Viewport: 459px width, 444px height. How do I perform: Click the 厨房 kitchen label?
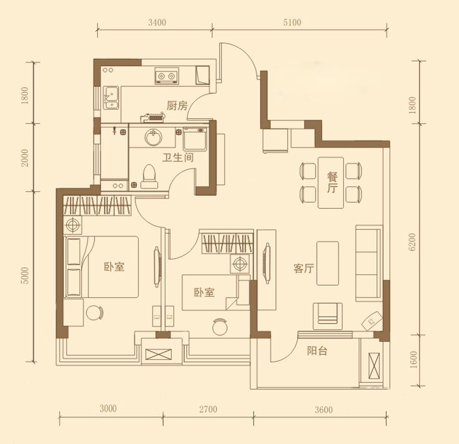point(177,106)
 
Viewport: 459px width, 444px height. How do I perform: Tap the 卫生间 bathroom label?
point(178,157)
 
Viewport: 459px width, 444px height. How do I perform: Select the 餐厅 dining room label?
point(332,182)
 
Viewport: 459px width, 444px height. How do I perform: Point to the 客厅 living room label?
point(304,268)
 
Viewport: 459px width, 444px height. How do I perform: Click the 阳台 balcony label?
point(317,350)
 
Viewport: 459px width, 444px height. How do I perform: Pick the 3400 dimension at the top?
point(157,22)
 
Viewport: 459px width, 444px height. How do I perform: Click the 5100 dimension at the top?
point(292,22)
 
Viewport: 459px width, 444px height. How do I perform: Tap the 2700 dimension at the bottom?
point(208,408)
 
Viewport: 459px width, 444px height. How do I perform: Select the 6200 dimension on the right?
point(412,242)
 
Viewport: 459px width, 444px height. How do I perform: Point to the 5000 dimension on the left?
point(25,276)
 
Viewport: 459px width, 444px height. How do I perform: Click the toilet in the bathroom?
point(149,176)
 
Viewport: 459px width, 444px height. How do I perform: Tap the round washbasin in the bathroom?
point(153,137)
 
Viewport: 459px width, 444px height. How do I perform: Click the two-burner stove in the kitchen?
point(166,76)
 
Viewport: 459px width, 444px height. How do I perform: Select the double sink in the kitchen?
point(111,98)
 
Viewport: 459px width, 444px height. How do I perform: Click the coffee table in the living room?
point(328,263)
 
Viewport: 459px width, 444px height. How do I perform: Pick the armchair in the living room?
point(328,316)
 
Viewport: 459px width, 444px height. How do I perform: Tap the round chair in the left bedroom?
point(95,313)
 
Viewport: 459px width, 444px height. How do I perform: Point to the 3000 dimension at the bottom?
point(108,408)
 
